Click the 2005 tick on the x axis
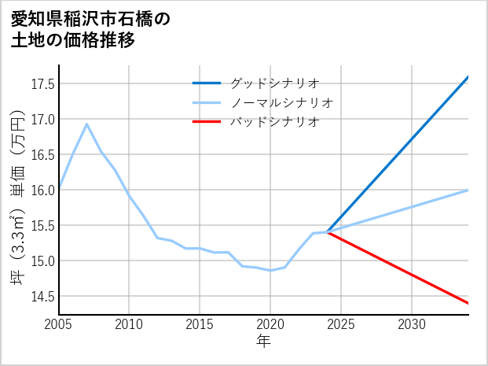tap(59, 324)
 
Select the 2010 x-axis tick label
tap(130, 324)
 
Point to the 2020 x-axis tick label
tap(270, 324)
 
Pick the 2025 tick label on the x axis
tap(341, 324)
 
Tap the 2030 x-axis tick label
tap(412, 324)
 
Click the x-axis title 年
tap(263, 342)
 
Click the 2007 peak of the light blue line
tap(87, 124)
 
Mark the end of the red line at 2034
tap(468, 303)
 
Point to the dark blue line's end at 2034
tap(468, 77)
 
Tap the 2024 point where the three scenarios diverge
tap(327, 232)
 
